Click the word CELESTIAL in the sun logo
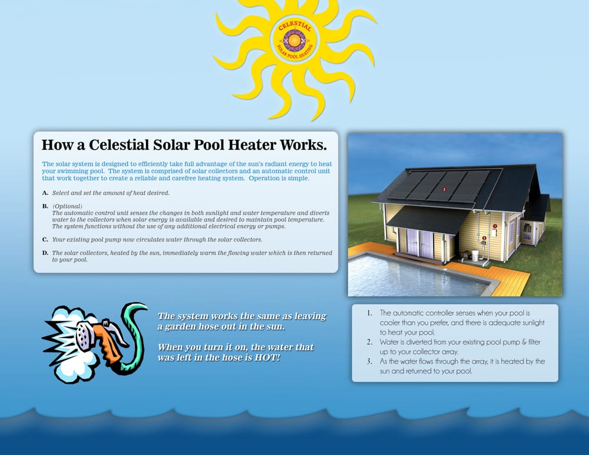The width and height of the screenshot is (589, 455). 295,27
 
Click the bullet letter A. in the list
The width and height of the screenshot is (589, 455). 45,193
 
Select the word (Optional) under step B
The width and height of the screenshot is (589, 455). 67,206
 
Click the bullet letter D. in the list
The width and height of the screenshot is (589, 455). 45,253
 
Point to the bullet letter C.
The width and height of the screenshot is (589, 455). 45,239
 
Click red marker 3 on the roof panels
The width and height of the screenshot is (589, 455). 444,190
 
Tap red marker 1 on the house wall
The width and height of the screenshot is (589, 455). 495,226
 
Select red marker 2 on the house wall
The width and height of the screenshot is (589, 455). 484,238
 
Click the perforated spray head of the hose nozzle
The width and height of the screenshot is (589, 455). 85,334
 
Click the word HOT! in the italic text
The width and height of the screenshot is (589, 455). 267,358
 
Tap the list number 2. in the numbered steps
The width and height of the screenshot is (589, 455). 370,342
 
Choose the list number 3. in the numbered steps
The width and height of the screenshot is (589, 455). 370,361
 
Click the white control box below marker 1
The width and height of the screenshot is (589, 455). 494,233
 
